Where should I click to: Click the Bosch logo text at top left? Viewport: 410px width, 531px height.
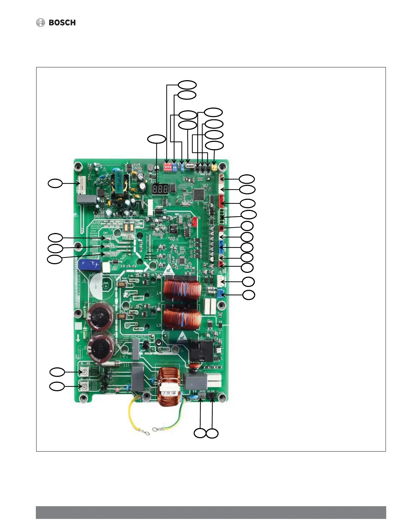pyautogui.click(x=62, y=23)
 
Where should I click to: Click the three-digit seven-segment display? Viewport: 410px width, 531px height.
pyautogui.click(x=160, y=189)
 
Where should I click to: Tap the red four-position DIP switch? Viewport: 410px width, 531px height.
pyautogui.click(x=167, y=167)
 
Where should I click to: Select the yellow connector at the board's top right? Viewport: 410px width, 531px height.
pyautogui.click(x=214, y=167)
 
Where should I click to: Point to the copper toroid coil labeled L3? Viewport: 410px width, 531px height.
pyautogui.click(x=182, y=319)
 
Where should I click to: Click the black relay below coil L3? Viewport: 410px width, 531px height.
pyautogui.click(x=201, y=350)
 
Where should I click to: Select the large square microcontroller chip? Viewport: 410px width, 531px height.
pyautogui.click(x=199, y=194)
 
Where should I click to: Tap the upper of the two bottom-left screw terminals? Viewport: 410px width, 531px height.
pyautogui.click(x=85, y=372)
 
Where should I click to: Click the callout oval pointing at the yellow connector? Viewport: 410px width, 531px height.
pyautogui.click(x=214, y=146)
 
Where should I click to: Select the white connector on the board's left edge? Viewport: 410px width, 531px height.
pyautogui.click(x=80, y=184)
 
